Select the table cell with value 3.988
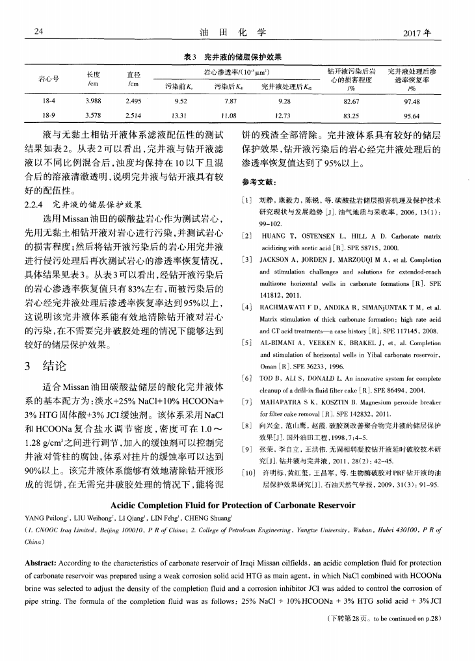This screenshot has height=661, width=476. point(92,101)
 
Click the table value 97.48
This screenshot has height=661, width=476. point(411,101)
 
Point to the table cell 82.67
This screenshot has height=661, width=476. point(351,101)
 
